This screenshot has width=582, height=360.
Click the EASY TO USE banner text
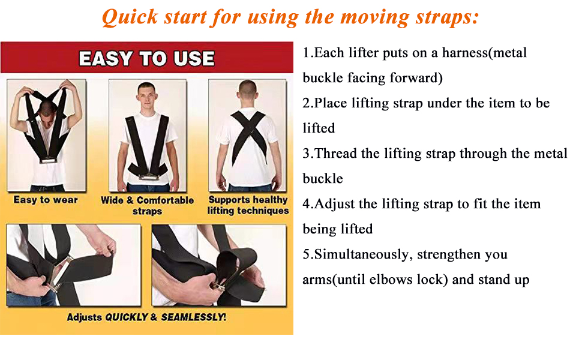[146, 59]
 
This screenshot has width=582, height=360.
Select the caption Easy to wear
[46, 200]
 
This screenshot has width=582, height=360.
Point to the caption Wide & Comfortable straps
[148, 205]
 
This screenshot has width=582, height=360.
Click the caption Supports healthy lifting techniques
[248, 205]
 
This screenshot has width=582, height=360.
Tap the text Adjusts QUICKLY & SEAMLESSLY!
[146, 317]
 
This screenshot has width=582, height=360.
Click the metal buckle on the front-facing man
[148, 175]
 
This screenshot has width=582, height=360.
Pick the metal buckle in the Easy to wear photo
[46, 160]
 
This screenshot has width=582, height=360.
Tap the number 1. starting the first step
[308, 53]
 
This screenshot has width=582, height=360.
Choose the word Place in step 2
[331, 103]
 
